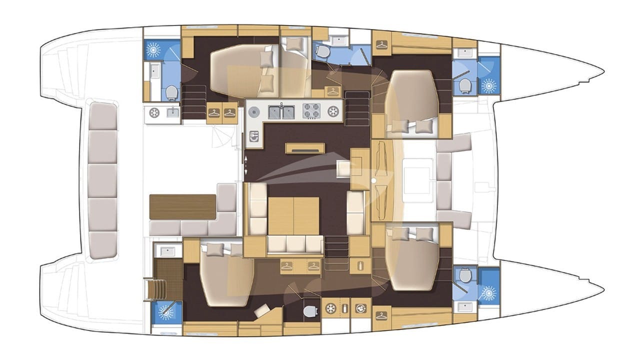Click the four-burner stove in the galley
[x=312, y=111]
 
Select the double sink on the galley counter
[x=281, y=111]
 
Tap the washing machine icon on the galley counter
[x=333, y=111]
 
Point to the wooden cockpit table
[x=182, y=206]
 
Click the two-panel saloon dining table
[x=293, y=215]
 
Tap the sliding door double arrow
[x=245, y=165]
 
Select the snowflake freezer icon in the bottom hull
[x=330, y=308]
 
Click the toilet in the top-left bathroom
[x=171, y=92]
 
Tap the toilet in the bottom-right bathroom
[x=465, y=275]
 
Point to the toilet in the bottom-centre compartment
[x=310, y=311]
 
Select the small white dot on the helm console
[x=373, y=179]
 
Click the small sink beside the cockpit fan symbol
[x=173, y=112]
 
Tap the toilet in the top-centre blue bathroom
[x=323, y=51]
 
